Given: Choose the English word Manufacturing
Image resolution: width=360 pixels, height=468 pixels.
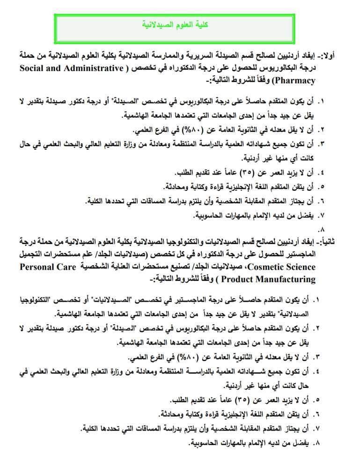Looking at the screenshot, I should point(275,279).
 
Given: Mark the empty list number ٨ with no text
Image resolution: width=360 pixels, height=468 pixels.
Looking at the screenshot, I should point(321,229).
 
